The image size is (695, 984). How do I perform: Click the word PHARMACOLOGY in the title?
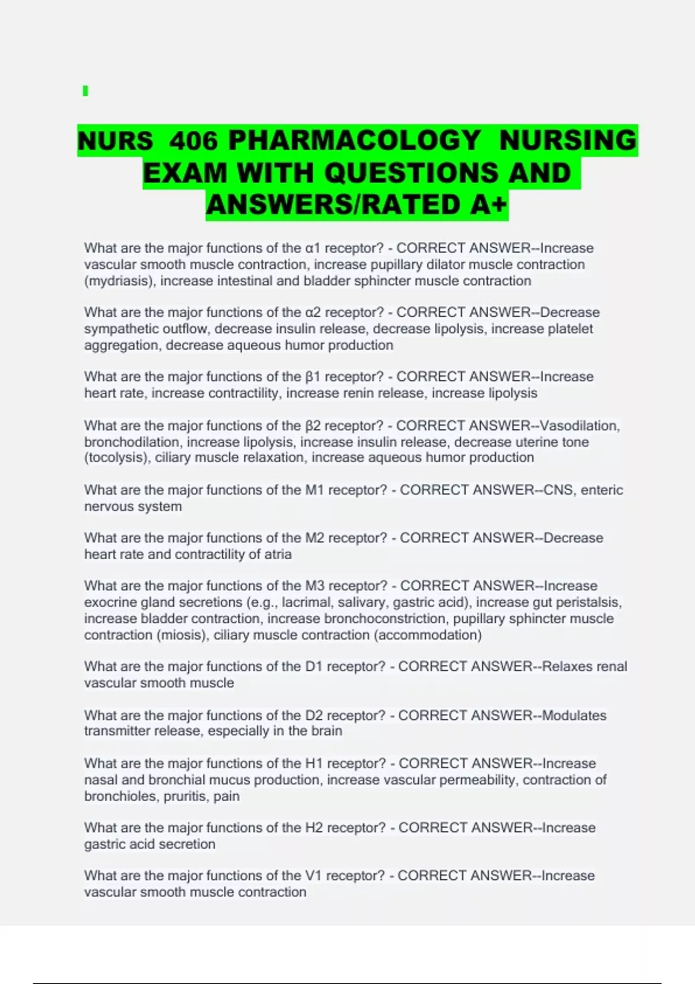coord(354,141)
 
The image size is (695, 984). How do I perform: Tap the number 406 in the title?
coord(194,141)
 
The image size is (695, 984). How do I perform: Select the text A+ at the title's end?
coord(489,204)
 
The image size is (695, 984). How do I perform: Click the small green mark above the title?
coord(86,91)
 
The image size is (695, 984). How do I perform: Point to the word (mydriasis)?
coord(120,281)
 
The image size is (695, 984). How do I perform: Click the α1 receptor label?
coord(313,248)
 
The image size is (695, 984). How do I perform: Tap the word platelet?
coord(569,329)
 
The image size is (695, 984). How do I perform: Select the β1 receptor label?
coord(313,377)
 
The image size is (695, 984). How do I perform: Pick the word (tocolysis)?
coord(118,458)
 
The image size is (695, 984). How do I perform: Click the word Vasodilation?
coord(579,426)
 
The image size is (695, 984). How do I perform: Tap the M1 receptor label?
coord(315,490)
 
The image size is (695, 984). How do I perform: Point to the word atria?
coord(277,555)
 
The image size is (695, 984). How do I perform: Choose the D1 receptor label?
coord(314,667)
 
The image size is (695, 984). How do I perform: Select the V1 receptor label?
coord(313,876)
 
